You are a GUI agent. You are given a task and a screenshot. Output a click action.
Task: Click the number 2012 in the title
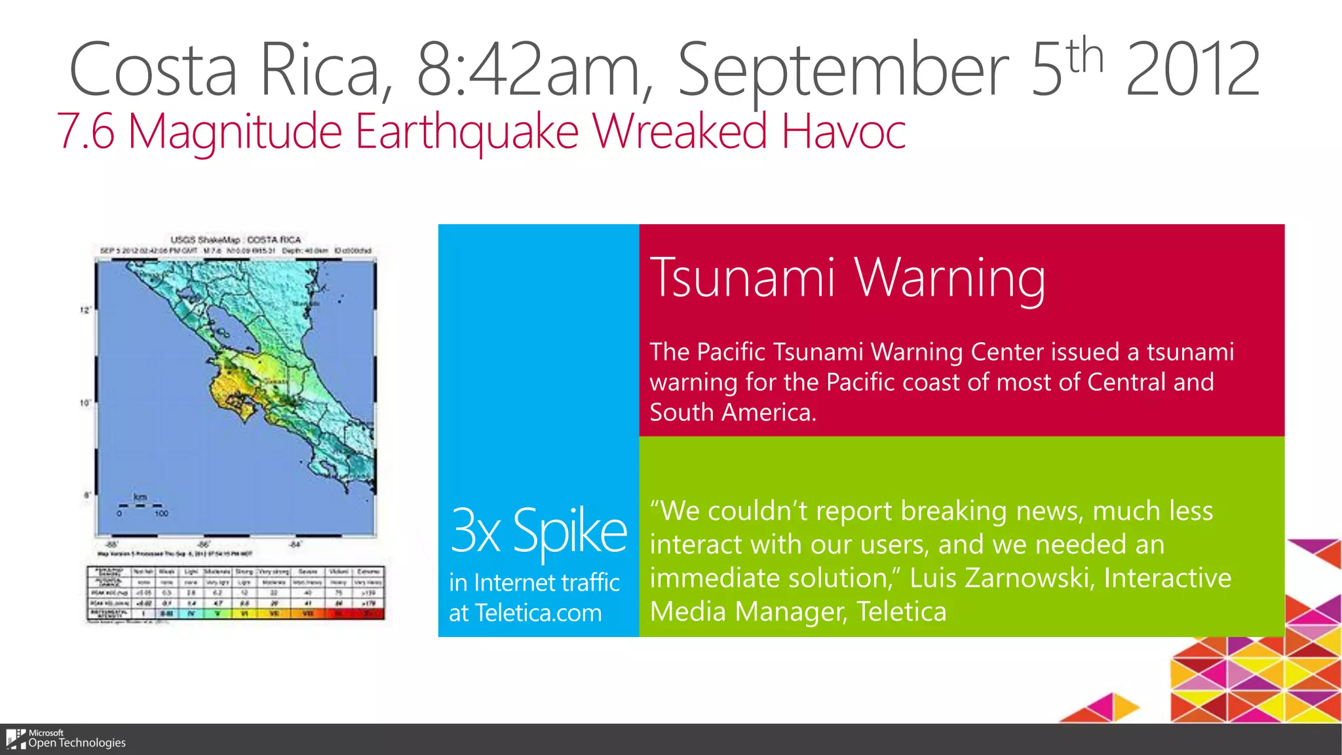(1193, 69)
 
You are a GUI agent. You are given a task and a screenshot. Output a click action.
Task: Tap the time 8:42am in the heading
(527, 69)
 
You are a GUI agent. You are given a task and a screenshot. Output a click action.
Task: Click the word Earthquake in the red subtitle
(467, 131)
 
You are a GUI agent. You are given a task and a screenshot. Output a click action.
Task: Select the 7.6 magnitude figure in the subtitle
(86, 131)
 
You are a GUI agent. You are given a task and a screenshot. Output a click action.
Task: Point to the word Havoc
(843, 131)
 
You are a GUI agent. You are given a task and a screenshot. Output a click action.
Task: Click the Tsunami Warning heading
(847, 278)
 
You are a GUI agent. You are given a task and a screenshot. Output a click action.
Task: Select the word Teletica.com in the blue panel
(538, 613)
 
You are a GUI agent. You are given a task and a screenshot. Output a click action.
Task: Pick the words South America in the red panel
(732, 412)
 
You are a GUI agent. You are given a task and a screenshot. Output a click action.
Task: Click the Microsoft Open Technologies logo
(66, 739)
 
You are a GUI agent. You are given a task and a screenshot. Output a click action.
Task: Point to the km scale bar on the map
(140, 505)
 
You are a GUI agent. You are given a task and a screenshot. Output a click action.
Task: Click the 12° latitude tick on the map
(85, 310)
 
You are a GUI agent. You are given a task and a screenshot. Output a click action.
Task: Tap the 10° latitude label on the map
(85, 402)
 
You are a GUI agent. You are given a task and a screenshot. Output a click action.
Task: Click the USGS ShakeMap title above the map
(236, 240)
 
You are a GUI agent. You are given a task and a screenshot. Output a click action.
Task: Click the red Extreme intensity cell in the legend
(369, 614)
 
